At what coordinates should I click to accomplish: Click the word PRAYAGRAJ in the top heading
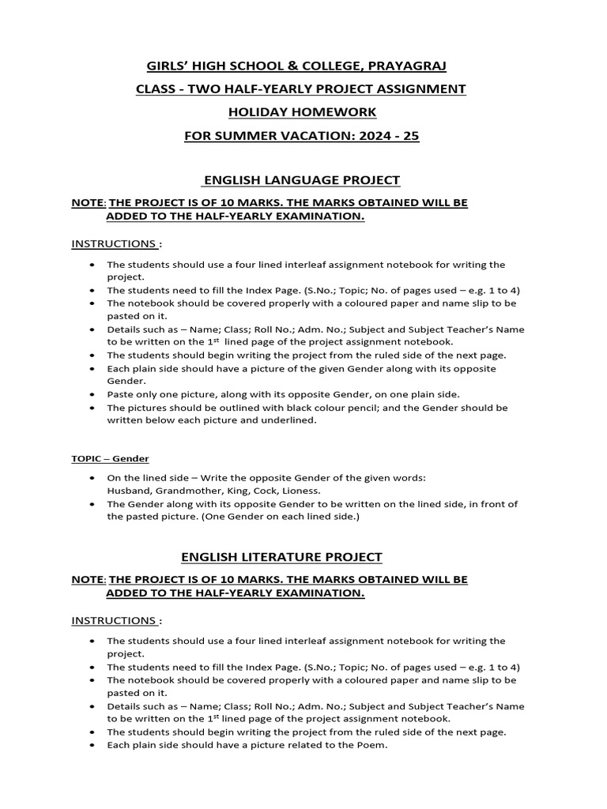tap(395, 66)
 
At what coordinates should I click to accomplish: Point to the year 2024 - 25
tap(390, 135)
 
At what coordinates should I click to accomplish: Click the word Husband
tap(130, 490)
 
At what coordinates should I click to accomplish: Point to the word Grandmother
tap(194, 490)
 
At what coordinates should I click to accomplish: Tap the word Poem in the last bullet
tap(371, 745)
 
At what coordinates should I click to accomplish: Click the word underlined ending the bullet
tap(289, 420)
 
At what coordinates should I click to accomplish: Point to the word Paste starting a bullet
tap(122, 394)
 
